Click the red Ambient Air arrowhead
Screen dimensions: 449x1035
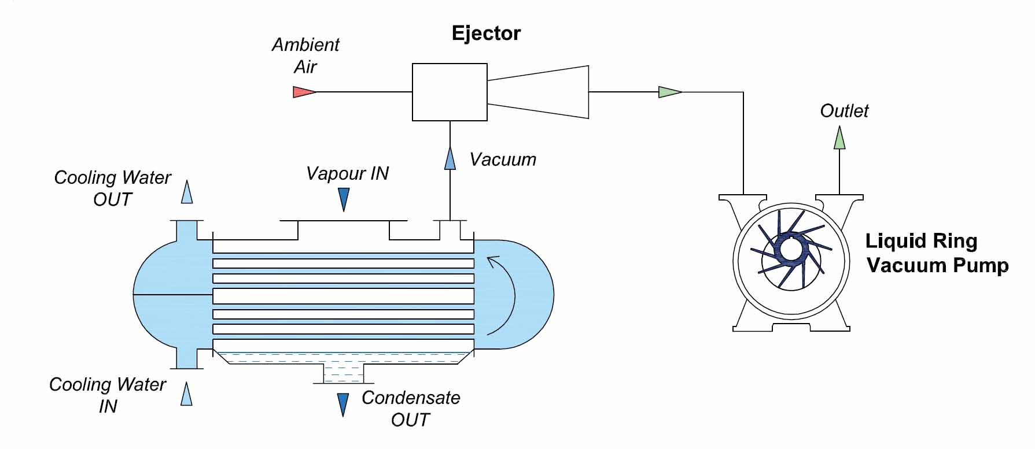click(x=304, y=92)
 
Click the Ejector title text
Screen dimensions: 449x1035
click(x=486, y=34)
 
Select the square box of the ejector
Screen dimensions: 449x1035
click(x=450, y=92)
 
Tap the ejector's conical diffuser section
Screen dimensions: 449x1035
click(x=538, y=92)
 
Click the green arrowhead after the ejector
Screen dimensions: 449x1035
click(x=669, y=92)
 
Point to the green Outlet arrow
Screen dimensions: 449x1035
click(x=839, y=138)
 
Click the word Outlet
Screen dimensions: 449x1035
click(x=844, y=111)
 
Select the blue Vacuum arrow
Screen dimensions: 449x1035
click(x=450, y=158)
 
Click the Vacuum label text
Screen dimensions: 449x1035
click(x=503, y=159)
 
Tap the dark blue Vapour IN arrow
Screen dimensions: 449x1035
click(x=344, y=199)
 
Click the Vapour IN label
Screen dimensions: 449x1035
click(x=347, y=173)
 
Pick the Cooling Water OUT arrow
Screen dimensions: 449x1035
click(x=186, y=192)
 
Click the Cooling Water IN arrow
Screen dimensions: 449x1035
click(x=186, y=394)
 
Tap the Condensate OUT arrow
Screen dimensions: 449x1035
click(x=343, y=404)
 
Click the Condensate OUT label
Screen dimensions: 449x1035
click(x=410, y=409)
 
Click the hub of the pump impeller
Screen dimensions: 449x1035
click(x=789, y=250)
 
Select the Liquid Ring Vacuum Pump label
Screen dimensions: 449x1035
click(x=936, y=253)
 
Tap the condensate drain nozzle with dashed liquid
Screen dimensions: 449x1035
click(x=344, y=373)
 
